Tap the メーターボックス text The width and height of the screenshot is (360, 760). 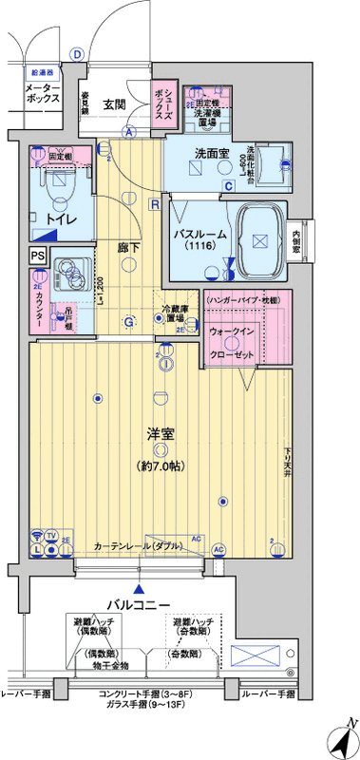coord(41,92)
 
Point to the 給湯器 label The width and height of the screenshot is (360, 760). coord(41,71)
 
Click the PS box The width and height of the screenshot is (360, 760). coord(37,255)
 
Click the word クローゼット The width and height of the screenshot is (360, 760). coord(230,354)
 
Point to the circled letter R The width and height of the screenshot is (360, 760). coord(153,202)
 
